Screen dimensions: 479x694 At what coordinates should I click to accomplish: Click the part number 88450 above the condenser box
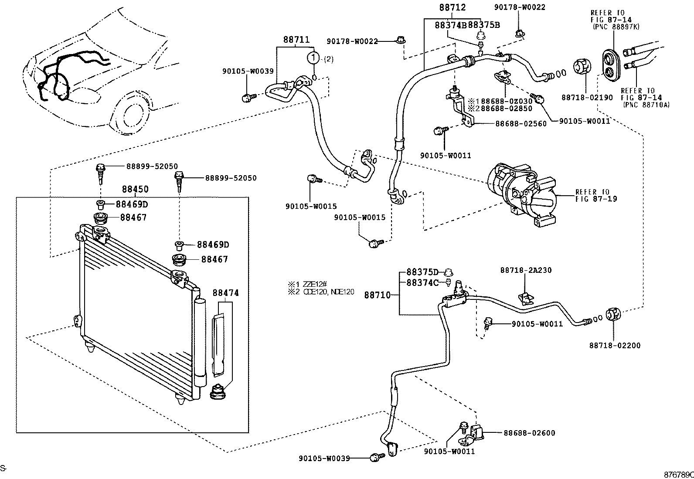(x=135, y=189)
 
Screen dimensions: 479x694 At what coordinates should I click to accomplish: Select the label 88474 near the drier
(x=226, y=293)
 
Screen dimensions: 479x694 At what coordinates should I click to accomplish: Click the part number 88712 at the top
(x=452, y=7)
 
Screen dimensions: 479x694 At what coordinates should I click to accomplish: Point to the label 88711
(x=296, y=39)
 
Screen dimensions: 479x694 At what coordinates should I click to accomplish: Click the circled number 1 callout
(x=313, y=58)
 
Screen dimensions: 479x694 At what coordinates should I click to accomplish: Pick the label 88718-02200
(x=615, y=346)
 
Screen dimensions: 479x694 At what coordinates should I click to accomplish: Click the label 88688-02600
(x=529, y=433)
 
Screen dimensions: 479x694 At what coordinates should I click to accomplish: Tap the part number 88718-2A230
(x=526, y=270)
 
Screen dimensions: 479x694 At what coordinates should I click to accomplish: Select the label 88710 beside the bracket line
(x=377, y=295)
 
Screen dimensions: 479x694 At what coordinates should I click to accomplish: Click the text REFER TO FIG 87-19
(x=596, y=195)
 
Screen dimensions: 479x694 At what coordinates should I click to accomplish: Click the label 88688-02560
(x=520, y=124)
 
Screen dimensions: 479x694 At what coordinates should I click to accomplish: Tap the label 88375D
(x=422, y=272)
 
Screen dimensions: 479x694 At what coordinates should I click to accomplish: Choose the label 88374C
(x=422, y=282)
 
